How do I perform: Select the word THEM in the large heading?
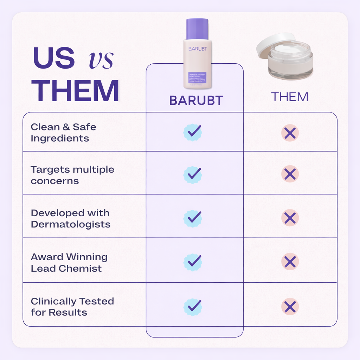(75, 91)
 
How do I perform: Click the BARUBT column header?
(196, 101)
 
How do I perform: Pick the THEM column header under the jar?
(290, 97)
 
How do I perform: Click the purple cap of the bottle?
(197, 29)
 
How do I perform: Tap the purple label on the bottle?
(198, 78)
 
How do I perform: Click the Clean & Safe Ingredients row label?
(63, 133)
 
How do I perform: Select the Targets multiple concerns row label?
(72, 175)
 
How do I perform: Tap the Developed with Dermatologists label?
(70, 218)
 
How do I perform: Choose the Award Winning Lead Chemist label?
(69, 263)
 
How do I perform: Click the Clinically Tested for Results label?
(72, 307)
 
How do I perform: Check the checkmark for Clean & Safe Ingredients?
(193, 132)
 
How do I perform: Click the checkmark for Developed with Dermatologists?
(193, 218)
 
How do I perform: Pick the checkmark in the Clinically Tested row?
(193, 307)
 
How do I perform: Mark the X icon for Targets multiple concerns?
(290, 174)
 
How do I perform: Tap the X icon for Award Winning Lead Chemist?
(290, 262)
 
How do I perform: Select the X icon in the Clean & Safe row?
(290, 133)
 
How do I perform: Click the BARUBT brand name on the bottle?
(197, 49)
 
